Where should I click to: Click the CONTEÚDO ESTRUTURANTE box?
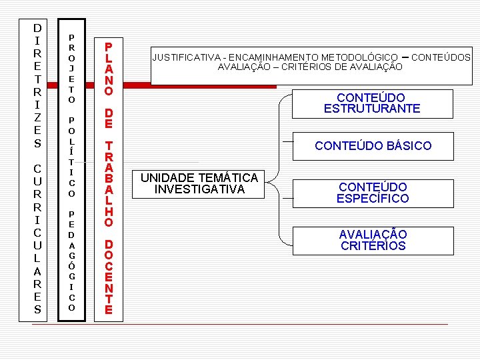pyautogui.click(x=372, y=103)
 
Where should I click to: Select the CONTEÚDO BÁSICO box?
pyautogui.click(x=373, y=145)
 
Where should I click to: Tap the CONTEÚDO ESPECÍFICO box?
pyautogui.click(x=372, y=193)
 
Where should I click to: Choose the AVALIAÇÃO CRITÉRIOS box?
pyautogui.click(x=372, y=240)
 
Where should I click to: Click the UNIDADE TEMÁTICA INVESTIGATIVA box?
pyautogui.click(x=199, y=183)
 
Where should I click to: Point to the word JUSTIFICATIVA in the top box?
pyautogui.click(x=187, y=57)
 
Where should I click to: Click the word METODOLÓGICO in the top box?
pyautogui.click(x=356, y=57)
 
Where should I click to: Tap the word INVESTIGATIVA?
pyautogui.click(x=199, y=189)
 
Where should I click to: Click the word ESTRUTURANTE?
pyautogui.click(x=372, y=109)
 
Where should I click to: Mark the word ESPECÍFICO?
pyautogui.click(x=372, y=199)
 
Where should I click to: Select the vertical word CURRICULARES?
pyautogui.click(x=37, y=239)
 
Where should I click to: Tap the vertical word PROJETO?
pyautogui.click(x=71, y=68)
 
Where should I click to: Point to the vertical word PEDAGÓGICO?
pyautogui.click(x=71, y=261)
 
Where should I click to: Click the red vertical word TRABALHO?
pyautogui.click(x=109, y=183)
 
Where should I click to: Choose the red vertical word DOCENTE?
pyautogui.click(x=109, y=277)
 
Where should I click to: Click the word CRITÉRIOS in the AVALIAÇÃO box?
pyautogui.click(x=372, y=246)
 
